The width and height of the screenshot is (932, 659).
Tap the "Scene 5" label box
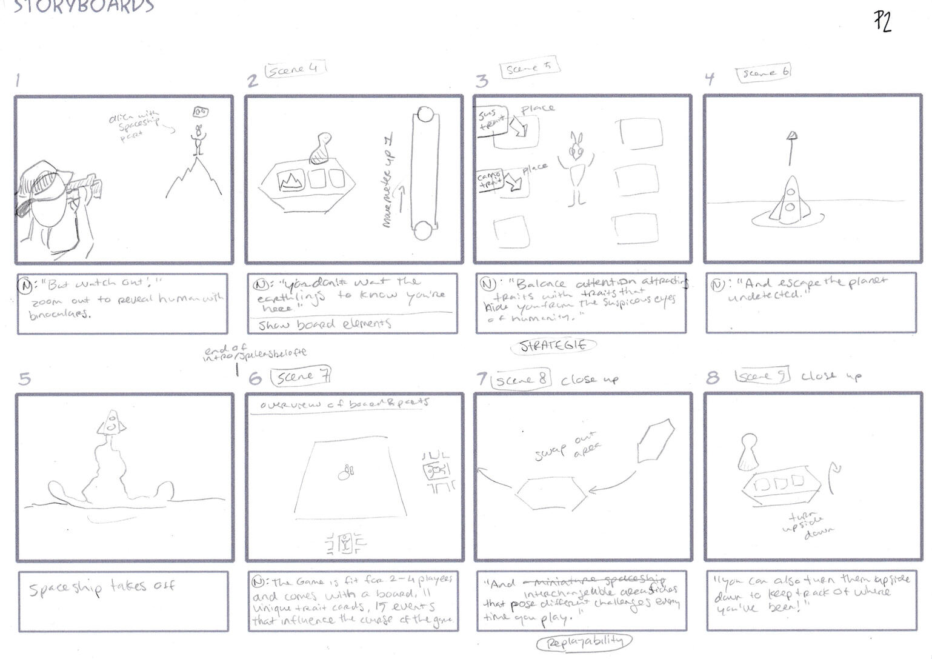click(528, 69)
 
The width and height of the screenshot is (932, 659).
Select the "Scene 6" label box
click(764, 73)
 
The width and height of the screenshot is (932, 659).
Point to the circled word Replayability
click(584, 641)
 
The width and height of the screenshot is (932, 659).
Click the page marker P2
click(882, 22)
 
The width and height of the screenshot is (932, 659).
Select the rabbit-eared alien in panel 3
click(576, 167)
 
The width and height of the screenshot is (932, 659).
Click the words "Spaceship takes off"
click(102, 587)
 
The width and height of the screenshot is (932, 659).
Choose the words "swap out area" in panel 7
click(568, 446)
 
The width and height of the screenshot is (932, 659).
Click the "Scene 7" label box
click(302, 377)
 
